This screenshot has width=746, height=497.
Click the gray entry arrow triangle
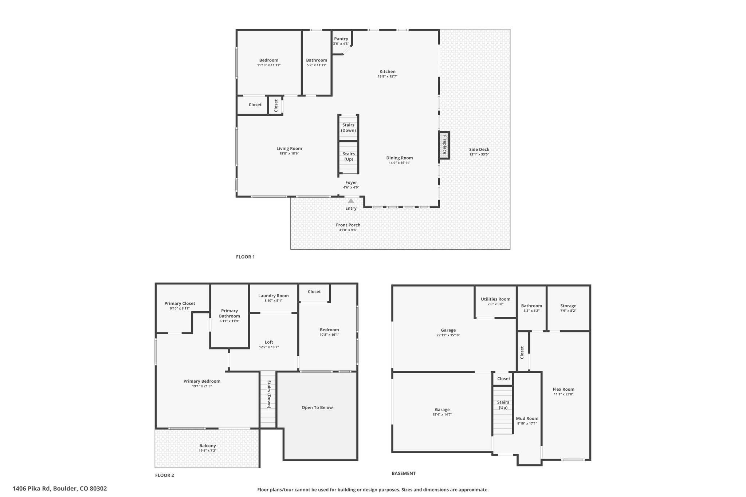[x=351, y=201]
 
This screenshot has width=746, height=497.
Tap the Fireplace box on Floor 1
[x=444, y=145]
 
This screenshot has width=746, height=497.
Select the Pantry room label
[x=341, y=39]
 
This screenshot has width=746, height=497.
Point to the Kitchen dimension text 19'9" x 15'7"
[x=387, y=76]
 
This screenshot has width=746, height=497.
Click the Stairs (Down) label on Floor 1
[x=349, y=128]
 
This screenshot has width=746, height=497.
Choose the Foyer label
[x=351, y=183]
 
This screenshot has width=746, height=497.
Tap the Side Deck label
[x=479, y=149]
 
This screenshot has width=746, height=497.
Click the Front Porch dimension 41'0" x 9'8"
[x=348, y=230]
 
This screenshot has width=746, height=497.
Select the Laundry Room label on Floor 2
[x=273, y=296]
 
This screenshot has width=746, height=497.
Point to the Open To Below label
[x=317, y=407]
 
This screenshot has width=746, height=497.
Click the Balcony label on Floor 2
[x=207, y=446]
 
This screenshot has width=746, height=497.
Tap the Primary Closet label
[x=180, y=303]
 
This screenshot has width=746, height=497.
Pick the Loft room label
[x=269, y=342]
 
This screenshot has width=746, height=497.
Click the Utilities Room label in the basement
[x=495, y=299]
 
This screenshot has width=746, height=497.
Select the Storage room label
[x=568, y=306]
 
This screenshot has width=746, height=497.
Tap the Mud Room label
[x=527, y=419]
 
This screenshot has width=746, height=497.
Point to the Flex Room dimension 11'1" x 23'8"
[x=564, y=394]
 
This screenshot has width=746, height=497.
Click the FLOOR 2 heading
[x=165, y=475]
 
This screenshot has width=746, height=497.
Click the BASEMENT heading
[x=404, y=473]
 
